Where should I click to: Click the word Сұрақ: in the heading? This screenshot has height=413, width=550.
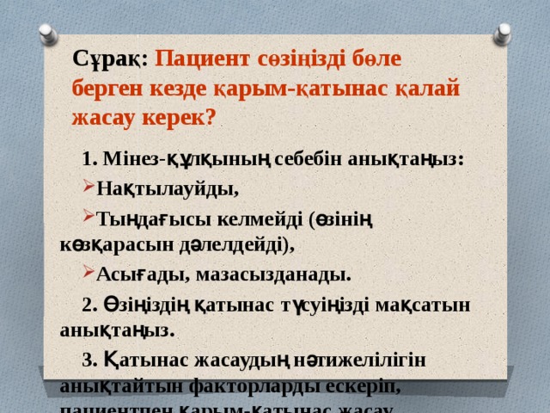click(111, 59)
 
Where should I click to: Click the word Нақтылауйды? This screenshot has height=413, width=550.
click(168, 188)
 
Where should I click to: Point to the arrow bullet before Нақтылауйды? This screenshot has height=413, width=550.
click(89, 187)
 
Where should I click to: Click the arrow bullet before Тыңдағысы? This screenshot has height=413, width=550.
click(89, 216)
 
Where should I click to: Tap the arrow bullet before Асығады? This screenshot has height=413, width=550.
click(89, 274)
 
